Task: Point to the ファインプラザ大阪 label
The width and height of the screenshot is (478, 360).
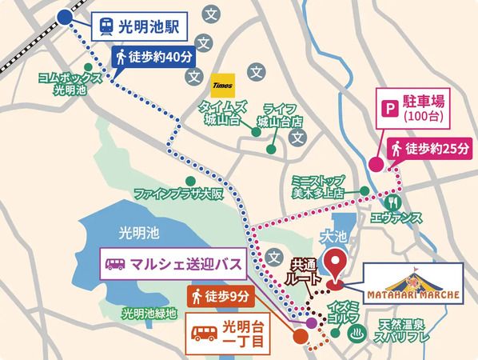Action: [x=177, y=193]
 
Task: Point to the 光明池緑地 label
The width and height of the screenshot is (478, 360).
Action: [x=148, y=311]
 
